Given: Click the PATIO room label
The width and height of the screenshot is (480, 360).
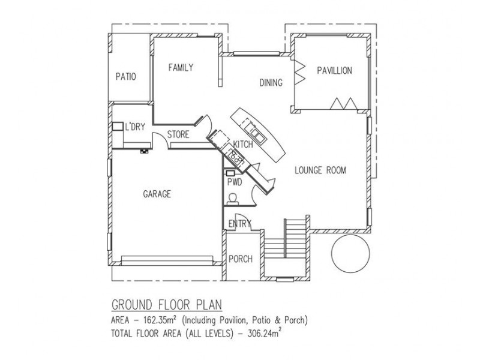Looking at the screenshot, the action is coord(126,76).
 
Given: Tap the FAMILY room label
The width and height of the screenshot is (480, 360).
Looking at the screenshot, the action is coord(181,67).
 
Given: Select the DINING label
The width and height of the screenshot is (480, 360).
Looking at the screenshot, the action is coord(271,83).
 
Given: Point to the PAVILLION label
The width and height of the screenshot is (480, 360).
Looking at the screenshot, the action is coord(334,71).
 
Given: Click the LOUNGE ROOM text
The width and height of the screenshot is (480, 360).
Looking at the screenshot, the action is coord(320,170).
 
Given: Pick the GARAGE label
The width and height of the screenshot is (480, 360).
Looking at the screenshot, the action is coord(157,194).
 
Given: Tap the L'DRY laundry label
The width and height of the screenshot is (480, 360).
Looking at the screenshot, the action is coord(134,127).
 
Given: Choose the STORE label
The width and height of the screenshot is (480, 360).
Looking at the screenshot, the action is coord(178,134).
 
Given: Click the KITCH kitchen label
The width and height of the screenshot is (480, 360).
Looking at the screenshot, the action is coord(243,144).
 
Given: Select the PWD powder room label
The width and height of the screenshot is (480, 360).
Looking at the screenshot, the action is coord(235,182).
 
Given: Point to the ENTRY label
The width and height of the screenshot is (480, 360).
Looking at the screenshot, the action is coord(240,223).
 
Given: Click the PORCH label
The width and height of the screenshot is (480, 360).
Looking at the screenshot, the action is coord(241,259).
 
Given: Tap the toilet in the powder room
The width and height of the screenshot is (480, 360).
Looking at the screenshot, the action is coord(233,199).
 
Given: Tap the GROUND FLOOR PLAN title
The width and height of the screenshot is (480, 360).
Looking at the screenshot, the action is coord(167,305).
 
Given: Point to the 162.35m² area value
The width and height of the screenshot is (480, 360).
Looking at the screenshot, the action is coord(160,320).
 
